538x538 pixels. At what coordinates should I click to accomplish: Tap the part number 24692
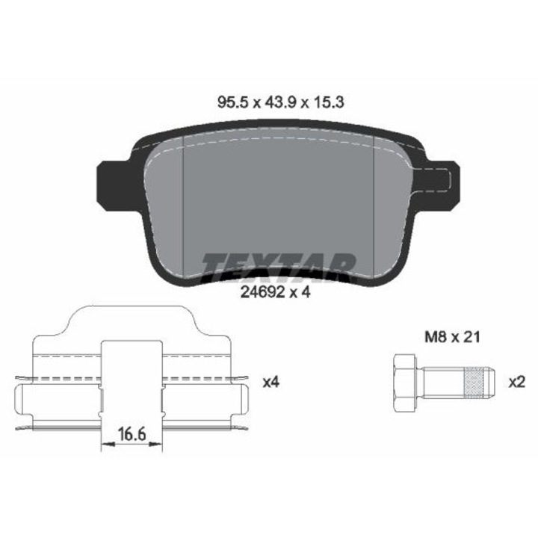[262, 292]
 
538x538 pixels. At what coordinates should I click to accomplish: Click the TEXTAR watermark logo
[279, 268]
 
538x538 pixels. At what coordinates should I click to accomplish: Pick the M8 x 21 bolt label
[452, 336]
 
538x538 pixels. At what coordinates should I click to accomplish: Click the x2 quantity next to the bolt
[517, 383]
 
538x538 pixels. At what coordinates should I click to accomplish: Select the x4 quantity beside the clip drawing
[271, 383]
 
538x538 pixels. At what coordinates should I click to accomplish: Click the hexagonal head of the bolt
[405, 383]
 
